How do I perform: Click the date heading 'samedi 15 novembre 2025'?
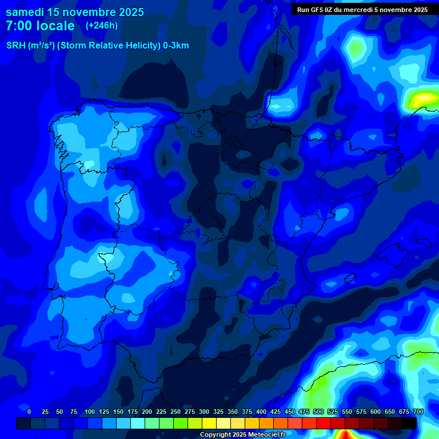(x=74, y=12)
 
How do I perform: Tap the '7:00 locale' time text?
(x=40, y=26)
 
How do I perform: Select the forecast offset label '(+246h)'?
(x=101, y=25)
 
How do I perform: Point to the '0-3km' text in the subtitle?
(x=176, y=46)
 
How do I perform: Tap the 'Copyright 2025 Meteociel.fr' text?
(x=242, y=434)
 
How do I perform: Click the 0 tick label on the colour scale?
(x=29, y=412)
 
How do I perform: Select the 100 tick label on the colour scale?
(x=89, y=412)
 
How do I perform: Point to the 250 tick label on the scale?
(x=175, y=412)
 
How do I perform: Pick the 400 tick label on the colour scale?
(x=261, y=412)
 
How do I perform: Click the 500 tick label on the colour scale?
(x=318, y=412)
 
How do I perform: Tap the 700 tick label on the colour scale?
(x=418, y=412)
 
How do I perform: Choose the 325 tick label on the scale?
(x=218, y=412)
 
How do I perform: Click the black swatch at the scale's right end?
(x=409, y=423)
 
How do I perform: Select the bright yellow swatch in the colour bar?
(x=209, y=423)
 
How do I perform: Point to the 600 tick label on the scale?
(x=376, y=412)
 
